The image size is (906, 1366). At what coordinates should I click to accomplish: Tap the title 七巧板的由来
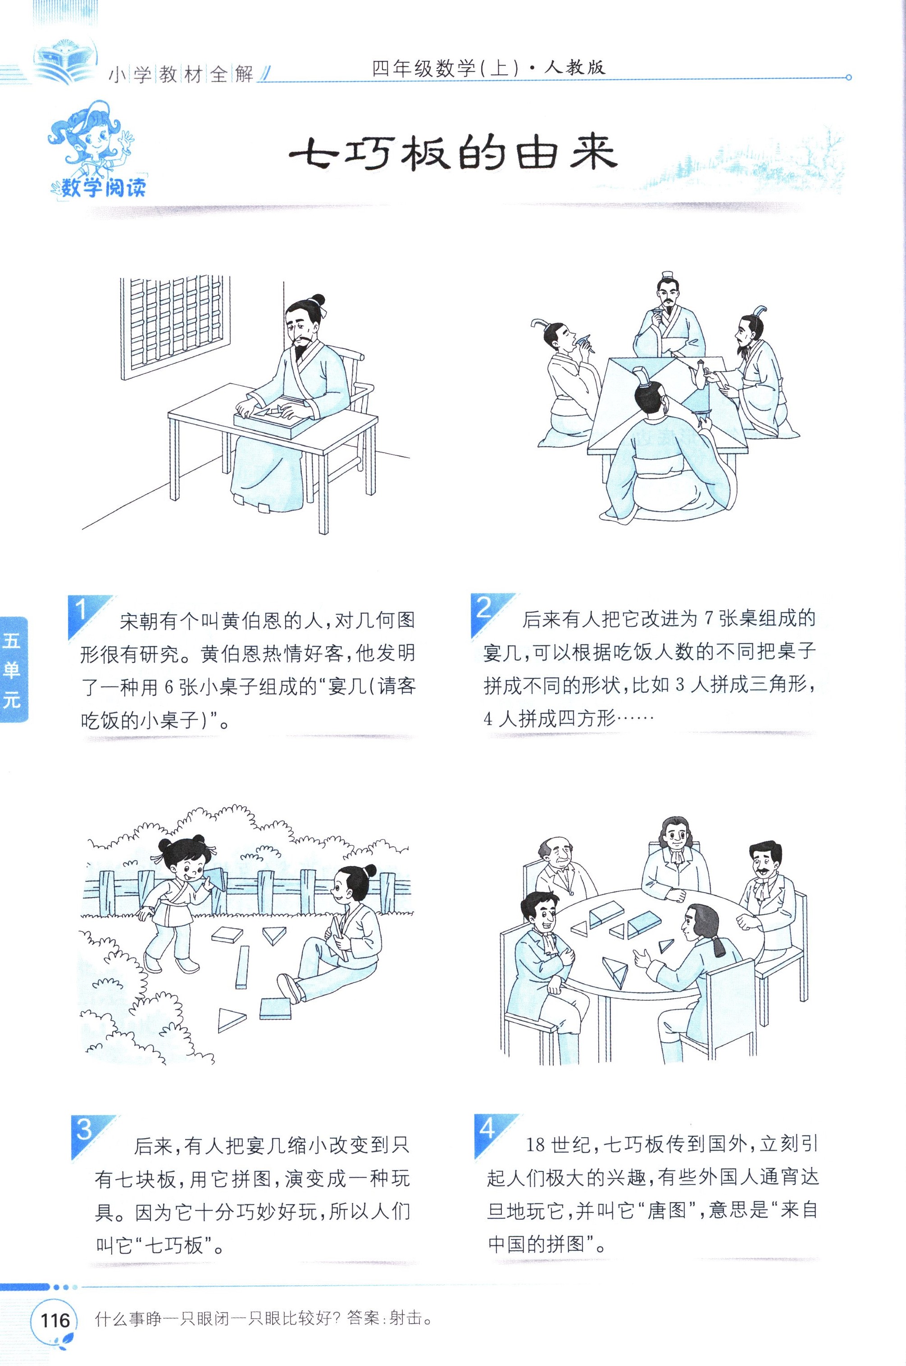point(453,154)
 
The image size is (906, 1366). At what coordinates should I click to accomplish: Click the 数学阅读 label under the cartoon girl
point(103,187)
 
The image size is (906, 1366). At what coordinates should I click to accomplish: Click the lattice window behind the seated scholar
point(176,328)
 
